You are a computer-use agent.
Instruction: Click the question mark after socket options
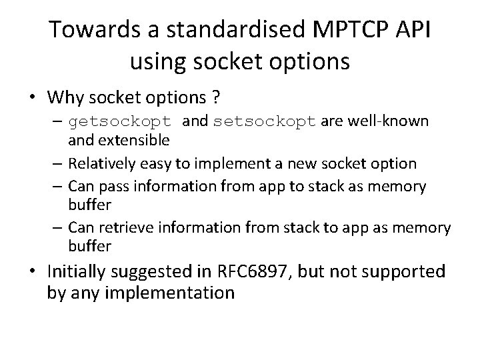[215, 97]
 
